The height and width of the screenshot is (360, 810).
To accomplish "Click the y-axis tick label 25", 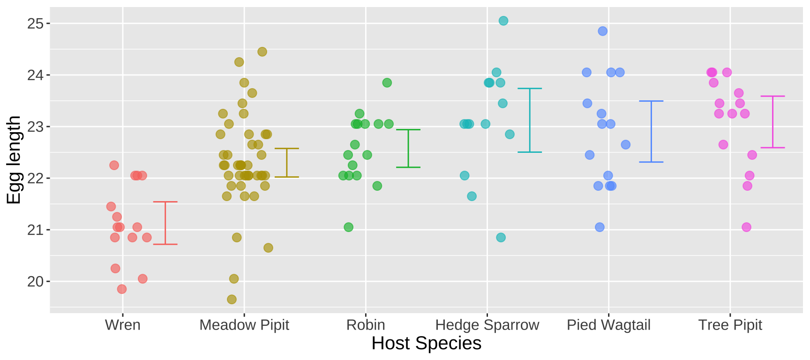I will click(35, 23).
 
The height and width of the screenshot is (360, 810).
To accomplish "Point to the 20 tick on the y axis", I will click(35, 281).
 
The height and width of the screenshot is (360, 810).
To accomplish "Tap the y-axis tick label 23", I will click(35, 127).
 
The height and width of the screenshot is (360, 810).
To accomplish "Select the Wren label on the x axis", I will click(123, 325).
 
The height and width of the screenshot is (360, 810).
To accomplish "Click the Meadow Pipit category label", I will click(244, 325).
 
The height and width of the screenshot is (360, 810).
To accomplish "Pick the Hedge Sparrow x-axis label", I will click(487, 325).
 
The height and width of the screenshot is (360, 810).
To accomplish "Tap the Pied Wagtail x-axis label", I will click(608, 325).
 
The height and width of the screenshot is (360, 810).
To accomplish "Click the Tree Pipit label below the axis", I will click(730, 325).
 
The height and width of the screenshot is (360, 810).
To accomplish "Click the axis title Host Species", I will click(426, 344).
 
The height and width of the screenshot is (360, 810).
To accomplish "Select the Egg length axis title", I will click(14, 160).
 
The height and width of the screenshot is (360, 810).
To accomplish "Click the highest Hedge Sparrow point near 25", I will click(503, 21).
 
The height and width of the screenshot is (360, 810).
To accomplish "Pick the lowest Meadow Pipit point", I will click(232, 299).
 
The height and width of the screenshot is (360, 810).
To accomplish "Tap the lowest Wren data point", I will click(122, 289).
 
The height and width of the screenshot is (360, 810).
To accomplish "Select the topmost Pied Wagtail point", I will click(603, 31).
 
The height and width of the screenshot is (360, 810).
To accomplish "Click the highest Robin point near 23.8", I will click(387, 82).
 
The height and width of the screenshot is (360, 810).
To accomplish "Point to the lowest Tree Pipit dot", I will click(746, 227).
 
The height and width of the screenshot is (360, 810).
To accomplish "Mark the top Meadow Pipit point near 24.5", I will click(262, 52).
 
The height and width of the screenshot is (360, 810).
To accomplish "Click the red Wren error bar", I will click(165, 223).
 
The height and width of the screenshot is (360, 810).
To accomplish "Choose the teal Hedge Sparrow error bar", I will click(530, 120).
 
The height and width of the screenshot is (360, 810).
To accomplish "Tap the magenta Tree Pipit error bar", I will click(772, 122).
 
